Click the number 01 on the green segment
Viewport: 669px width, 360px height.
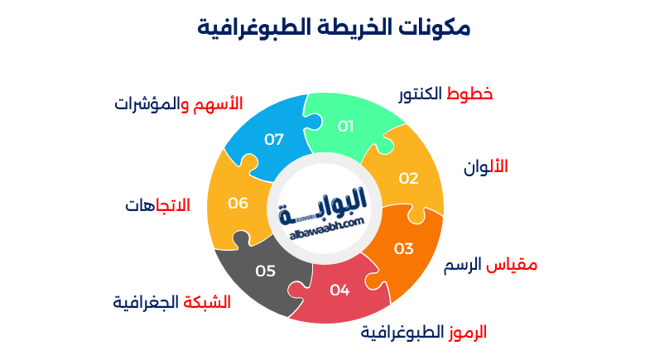pyautogui.click(x=345, y=127)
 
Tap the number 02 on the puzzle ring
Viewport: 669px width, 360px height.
pyautogui.click(x=409, y=178)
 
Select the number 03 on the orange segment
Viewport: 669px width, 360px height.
pyautogui.click(x=403, y=248)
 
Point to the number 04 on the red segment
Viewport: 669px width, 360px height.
pyautogui.click(x=339, y=290)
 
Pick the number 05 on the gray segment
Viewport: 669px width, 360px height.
pyautogui.click(x=265, y=271)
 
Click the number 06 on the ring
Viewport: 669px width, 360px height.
pyautogui.click(x=238, y=203)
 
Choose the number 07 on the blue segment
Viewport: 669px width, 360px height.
pyautogui.click(x=274, y=139)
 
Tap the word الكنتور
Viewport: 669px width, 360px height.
pyautogui.click(x=421, y=94)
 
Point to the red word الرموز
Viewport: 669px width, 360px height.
pyautogui.click(x=467, y=333)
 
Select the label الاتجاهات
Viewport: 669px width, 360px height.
pyautogui.click(x=157, y=204)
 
